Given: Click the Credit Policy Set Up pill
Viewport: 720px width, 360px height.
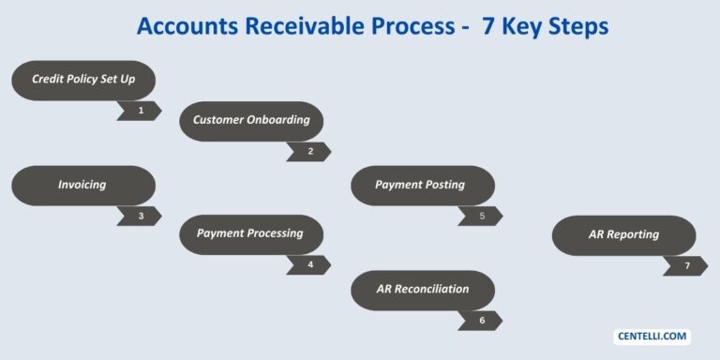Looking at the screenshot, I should [82, 80].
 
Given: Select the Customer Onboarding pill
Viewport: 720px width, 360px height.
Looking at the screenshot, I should [250, 120].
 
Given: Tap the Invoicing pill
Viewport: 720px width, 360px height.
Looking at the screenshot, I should [82, 186].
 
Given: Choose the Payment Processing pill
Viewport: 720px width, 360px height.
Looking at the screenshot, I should [250, 233].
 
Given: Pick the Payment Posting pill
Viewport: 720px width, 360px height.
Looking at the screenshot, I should [420, 186].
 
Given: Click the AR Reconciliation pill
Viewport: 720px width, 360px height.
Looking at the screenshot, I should [420, 290].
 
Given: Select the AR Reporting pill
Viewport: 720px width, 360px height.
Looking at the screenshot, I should [623, 235].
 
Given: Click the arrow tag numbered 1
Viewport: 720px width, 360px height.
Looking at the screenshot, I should [139, 111].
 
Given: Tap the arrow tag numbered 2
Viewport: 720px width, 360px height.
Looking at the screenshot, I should [308, 151].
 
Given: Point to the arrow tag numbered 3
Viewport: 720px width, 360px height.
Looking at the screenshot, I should [139, 216].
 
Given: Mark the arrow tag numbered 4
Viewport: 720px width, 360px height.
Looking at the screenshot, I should [308, 264].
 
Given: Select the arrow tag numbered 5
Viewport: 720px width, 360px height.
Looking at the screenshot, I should [479, 216].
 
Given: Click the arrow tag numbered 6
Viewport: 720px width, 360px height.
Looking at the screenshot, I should [479, 321].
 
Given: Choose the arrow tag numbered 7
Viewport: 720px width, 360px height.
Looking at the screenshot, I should [684, 266].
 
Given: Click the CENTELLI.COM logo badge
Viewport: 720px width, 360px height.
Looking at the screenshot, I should [652, 336].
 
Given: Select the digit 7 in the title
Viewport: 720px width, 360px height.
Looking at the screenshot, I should [487, 26].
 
